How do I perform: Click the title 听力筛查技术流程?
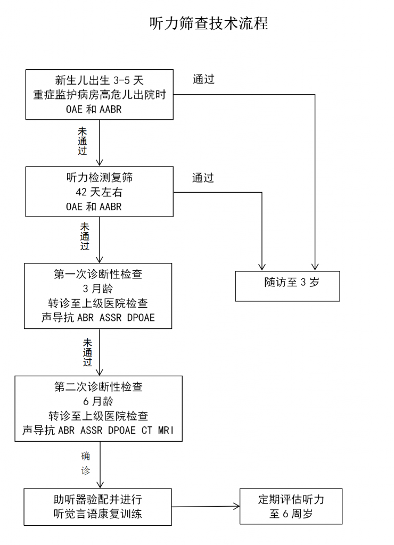209,24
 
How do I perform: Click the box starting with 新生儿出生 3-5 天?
100,95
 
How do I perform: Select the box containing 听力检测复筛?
100,192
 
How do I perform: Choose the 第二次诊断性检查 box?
98,408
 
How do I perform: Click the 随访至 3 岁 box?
288,286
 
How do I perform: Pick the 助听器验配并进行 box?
98,506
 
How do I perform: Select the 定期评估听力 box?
291,506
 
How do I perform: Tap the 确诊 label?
85,464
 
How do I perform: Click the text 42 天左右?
99,192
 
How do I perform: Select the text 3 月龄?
98,290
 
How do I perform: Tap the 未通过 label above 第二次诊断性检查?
87,352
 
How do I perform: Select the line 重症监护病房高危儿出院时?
99,95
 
